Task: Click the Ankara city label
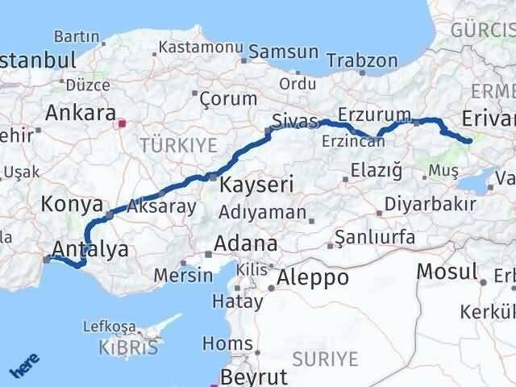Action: click(x=81, y=113)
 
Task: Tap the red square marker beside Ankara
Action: click(x=123, y=124)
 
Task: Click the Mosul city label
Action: click(x=447, y=271)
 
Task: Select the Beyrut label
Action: click(x=255, y=377)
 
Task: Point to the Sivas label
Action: click(x=295, y=120)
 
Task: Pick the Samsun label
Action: click(x=284, y=52)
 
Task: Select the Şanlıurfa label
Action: click(x=375, y=237)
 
